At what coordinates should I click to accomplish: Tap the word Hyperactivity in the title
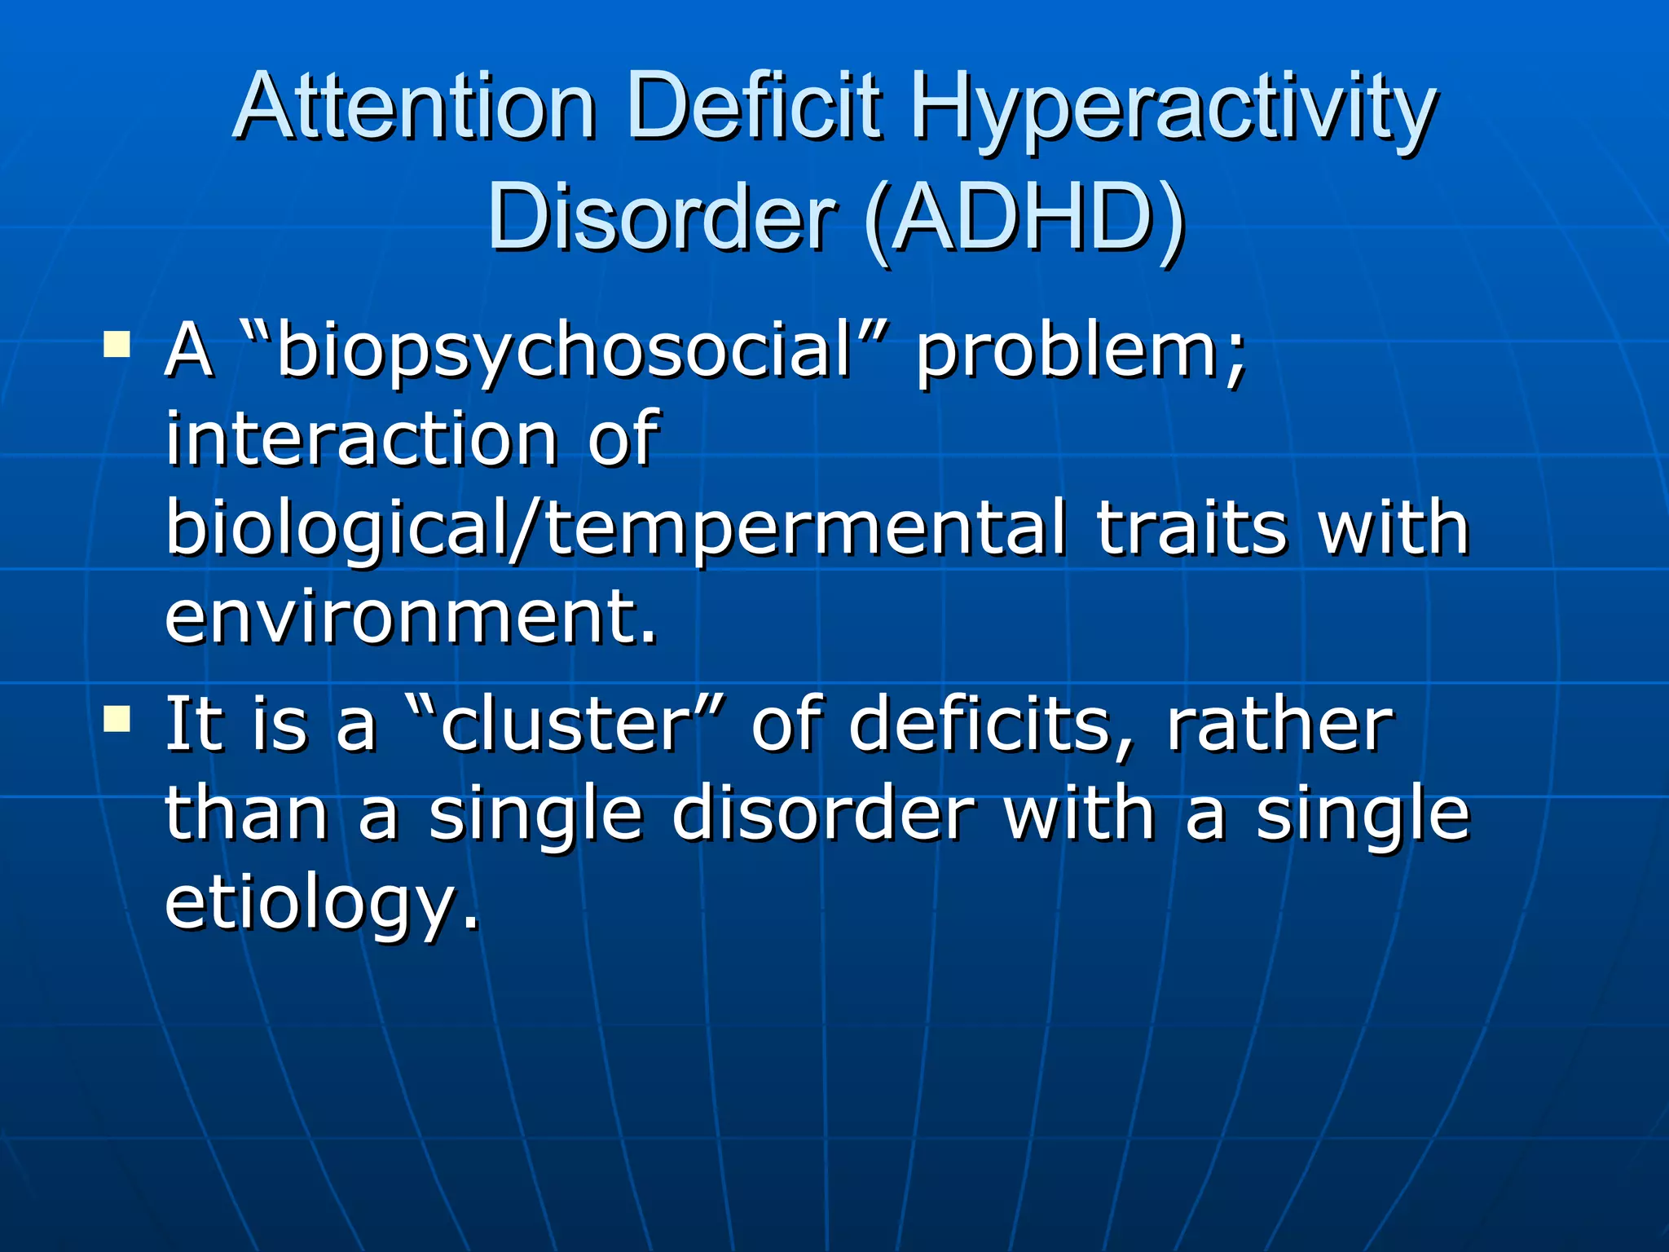coord(1173,110)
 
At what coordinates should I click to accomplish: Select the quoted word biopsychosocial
coord(561,352)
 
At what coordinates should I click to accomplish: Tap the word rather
coord(1280,725)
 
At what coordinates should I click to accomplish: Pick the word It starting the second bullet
coord(194,725)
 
